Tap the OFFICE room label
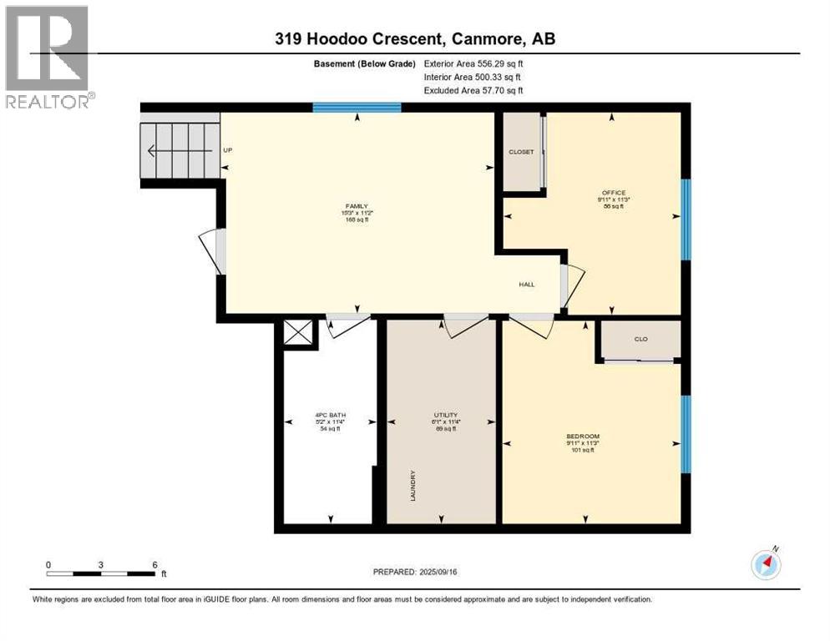point(614,193)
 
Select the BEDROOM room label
point(583,437)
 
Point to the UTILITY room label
point(445,415)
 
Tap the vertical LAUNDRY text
point(413,485)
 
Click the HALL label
point(527,285)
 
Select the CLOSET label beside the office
point(521,152)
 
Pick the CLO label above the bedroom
point(641,340)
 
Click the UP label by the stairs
point(227,150)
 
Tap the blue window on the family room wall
point(357,107)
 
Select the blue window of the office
point(686,220)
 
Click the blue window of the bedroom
point(686,434)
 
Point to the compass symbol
point(766,564)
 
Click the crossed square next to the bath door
point(299,332)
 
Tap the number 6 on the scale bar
point(154,565)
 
